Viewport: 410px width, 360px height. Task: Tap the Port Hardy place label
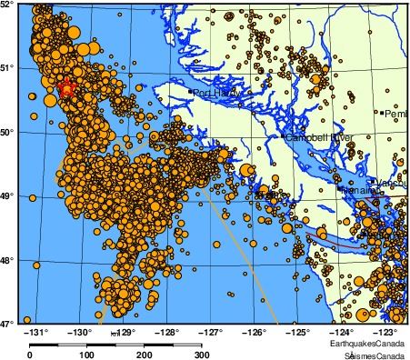coord(214,92)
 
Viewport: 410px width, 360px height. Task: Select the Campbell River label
coord(319,137)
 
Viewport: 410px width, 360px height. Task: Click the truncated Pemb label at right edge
coord(396,115)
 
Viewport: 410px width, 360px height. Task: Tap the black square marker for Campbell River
coord(283,137)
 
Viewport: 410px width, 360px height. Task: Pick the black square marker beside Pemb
coord(383,114)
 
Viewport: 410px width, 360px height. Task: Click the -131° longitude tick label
coord(37,332)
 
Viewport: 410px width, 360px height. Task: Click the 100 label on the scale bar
coord(87,355)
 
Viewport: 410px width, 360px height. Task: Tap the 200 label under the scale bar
coord(145,355)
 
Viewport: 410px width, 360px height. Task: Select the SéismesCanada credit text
coord(369,354)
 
